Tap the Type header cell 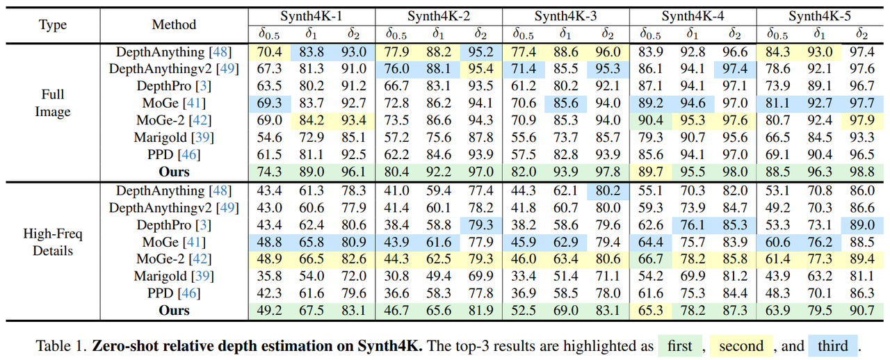(53, 25)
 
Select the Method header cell (174, 25)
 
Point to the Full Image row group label (53, 103)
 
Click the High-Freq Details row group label (53, 242)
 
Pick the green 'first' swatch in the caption (680, 345)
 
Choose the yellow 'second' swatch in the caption (741, 345)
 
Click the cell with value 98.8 (861, 171)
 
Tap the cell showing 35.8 (269, 276)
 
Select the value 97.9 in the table (861, 120)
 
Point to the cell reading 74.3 (269, 171)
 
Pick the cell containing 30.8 (396, 276)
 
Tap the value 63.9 (777, 310)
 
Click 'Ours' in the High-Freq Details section (174, 310)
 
